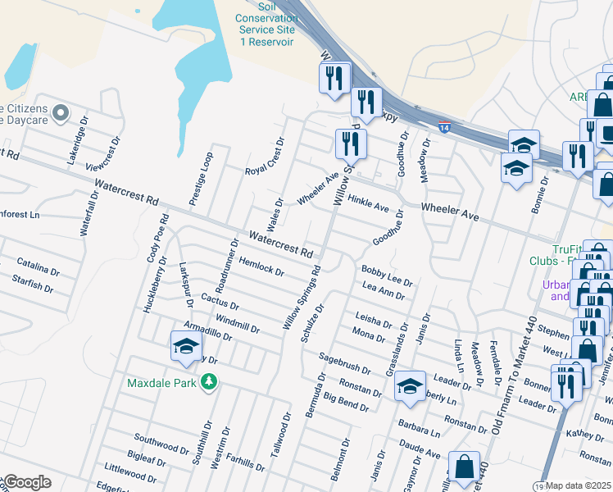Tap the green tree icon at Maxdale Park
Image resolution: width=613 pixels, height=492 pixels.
tap(210, 381)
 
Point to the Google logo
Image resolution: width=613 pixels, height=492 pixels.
tap(27, 482)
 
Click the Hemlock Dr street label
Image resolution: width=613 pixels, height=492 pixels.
tap(261, 266)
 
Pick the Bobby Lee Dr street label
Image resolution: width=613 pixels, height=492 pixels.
tap(387, 275)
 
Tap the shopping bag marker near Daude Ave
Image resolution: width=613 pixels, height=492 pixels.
tap(464, 467)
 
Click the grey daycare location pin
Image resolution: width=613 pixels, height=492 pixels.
tap(59, 112)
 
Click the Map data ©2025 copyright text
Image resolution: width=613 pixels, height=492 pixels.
tap(579, 485)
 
